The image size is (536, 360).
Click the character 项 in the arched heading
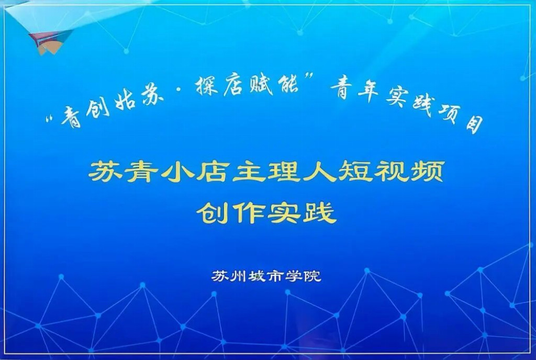449,113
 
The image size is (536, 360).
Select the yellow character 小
177,171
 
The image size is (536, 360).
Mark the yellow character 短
354,171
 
